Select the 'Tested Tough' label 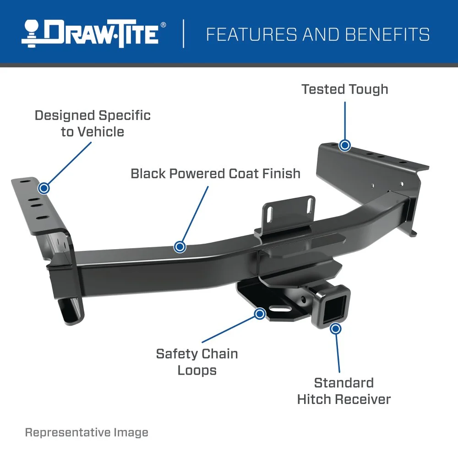click(344, 89)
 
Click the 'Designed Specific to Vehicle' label click(93, 123)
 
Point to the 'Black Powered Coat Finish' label click(215, 174)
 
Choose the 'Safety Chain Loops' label click(197, 361)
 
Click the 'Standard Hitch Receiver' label click(343, 391)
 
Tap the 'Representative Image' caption click(87, 432)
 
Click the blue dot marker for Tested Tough click(345, 146)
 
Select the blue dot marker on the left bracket click(44, 188)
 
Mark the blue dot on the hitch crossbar click(180, 247)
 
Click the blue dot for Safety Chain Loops click(260, 314)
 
